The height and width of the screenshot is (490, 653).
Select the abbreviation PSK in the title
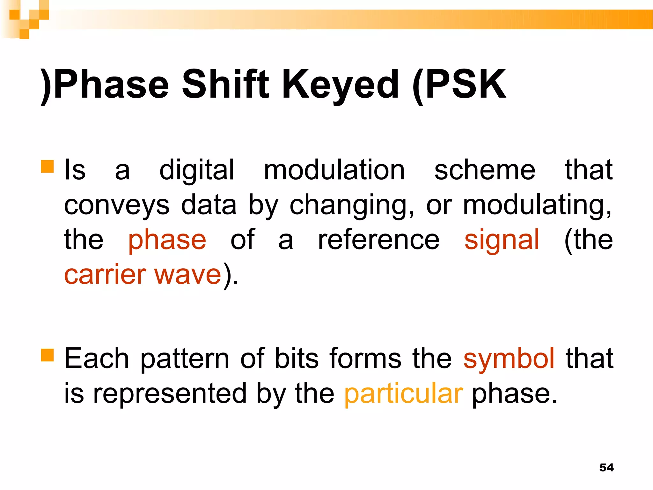tap(466, 85)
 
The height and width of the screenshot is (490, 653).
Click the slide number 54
tap(606, 467)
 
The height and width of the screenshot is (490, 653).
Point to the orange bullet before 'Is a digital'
tap(47, 166)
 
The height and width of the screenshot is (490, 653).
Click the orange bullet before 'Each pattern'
tap(47, 354)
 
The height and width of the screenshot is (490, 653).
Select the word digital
tap(197, 170)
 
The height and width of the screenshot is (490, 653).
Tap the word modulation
tap(334, 170)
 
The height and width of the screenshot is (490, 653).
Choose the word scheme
tap(485, 170)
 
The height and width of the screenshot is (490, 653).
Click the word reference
tap(379, 240)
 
